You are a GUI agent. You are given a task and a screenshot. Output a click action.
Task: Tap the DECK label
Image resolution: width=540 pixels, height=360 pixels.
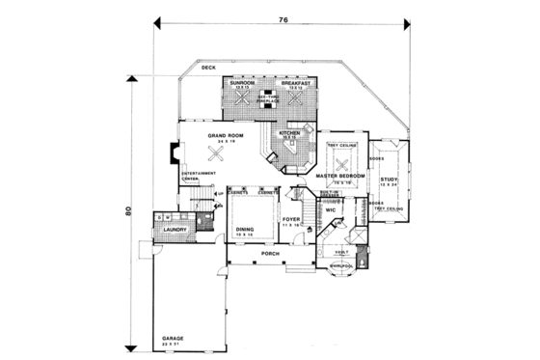tap(208, 69)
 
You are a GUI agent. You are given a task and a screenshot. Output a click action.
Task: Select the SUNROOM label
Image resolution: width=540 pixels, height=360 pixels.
tap(242, 84)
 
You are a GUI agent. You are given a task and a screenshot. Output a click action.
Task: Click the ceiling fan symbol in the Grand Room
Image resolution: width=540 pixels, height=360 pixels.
tap(228, 152)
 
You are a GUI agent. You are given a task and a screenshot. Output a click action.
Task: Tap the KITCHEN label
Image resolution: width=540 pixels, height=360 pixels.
tap(289, 132)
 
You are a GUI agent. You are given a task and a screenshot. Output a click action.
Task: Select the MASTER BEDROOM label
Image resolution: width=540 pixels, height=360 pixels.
tap(340, 177)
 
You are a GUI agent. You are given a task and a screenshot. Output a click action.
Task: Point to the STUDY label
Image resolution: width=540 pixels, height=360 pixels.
tap(389, 180)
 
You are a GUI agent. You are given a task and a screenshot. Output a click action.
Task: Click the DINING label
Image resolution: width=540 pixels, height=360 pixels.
tap(246, 229)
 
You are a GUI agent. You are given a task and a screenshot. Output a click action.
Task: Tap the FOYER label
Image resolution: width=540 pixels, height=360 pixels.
tap(291, 220)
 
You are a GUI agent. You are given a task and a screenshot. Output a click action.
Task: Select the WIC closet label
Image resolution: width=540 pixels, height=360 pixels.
tap(330, 208)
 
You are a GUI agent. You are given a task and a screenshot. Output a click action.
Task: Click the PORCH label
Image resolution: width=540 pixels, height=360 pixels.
tap(270, 254)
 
